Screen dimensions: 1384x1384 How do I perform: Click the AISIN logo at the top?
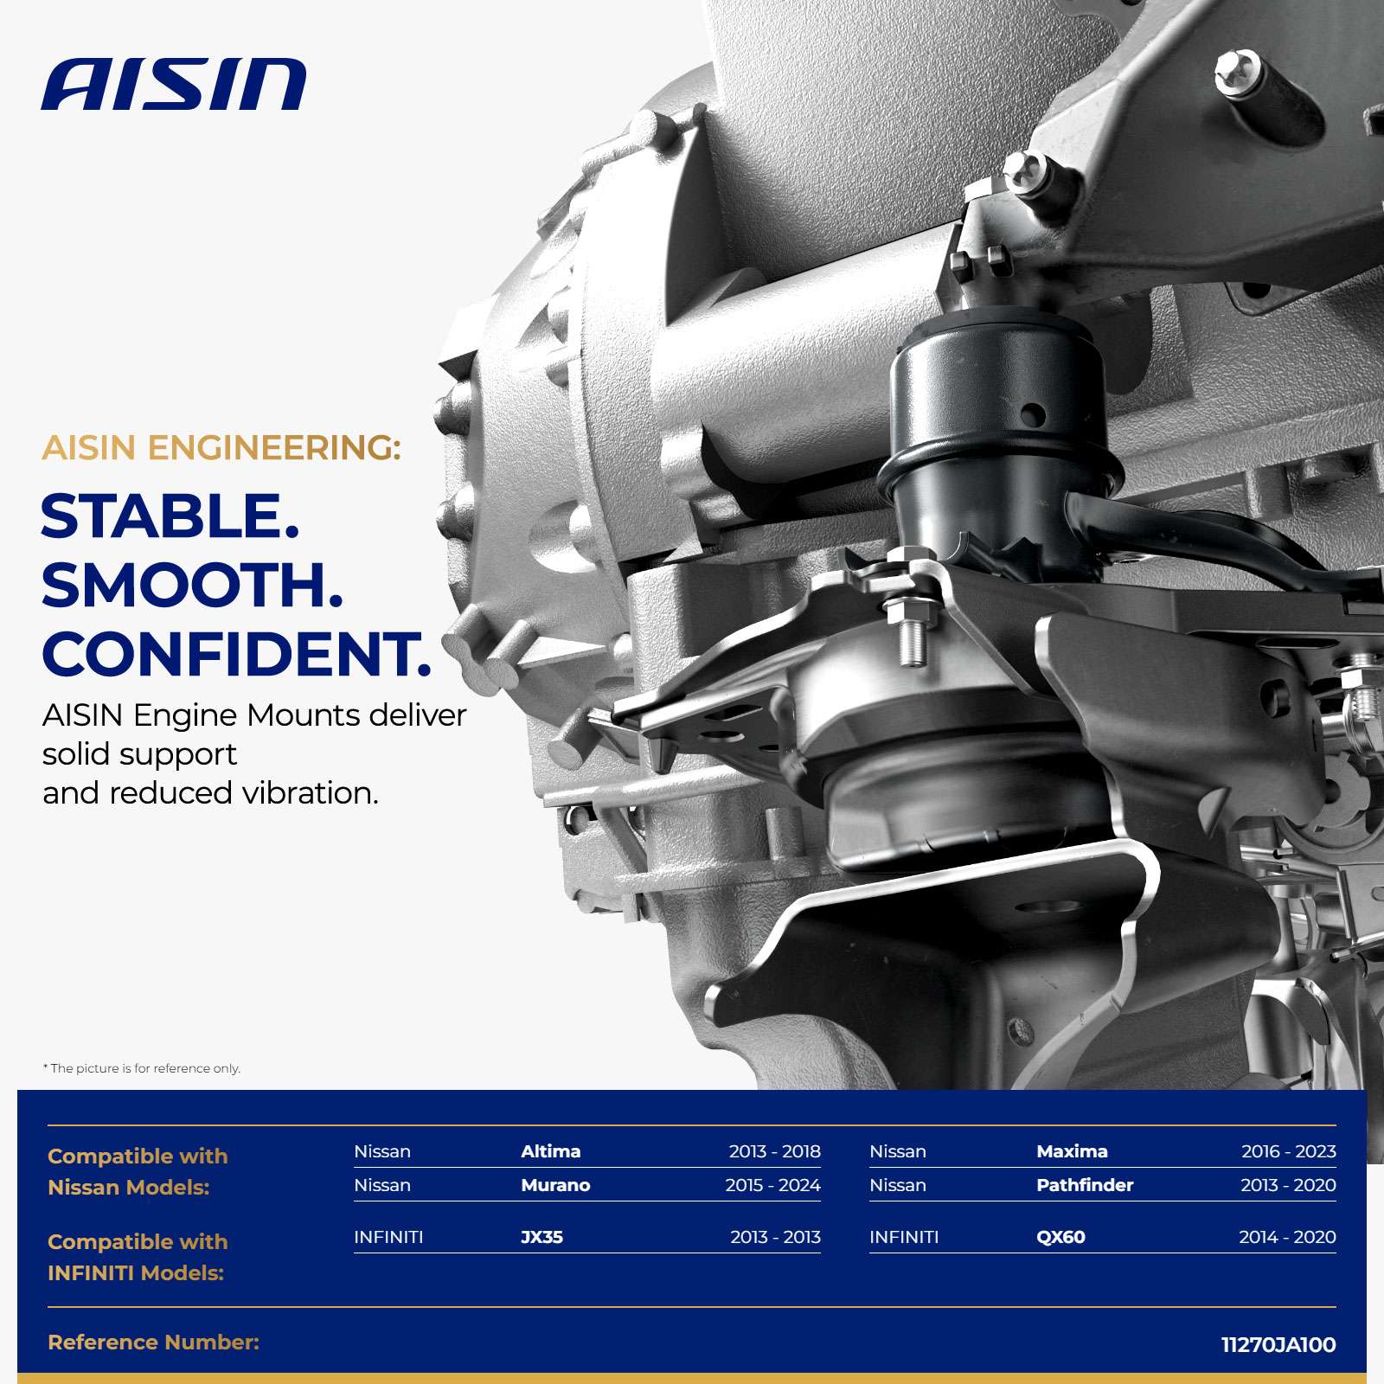tap(174, 85)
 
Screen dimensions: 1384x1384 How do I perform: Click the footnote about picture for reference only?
tap(142, 1068)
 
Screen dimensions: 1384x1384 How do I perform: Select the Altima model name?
tap(551, 1151)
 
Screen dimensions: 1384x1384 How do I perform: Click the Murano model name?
tap(555, 1185)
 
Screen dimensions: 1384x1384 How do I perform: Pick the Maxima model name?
tap(1072, 1151)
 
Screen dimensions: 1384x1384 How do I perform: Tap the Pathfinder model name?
tap(1085, 1185)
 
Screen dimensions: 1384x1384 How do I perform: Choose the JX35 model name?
tap(542, 1237)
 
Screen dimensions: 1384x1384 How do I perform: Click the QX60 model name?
tap(1060, 1237)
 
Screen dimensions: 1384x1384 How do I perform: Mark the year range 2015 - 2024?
tap(772, 1185)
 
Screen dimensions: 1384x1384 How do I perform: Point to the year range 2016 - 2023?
tap(1289, 1151)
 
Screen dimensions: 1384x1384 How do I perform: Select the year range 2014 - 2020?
tap(1287, 1237)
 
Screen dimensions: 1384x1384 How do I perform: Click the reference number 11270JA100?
tap(1278, 1345)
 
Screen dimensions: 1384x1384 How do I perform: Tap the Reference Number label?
tap(153, 1342)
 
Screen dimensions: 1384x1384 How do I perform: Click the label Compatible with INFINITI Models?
tap(138, 1258)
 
